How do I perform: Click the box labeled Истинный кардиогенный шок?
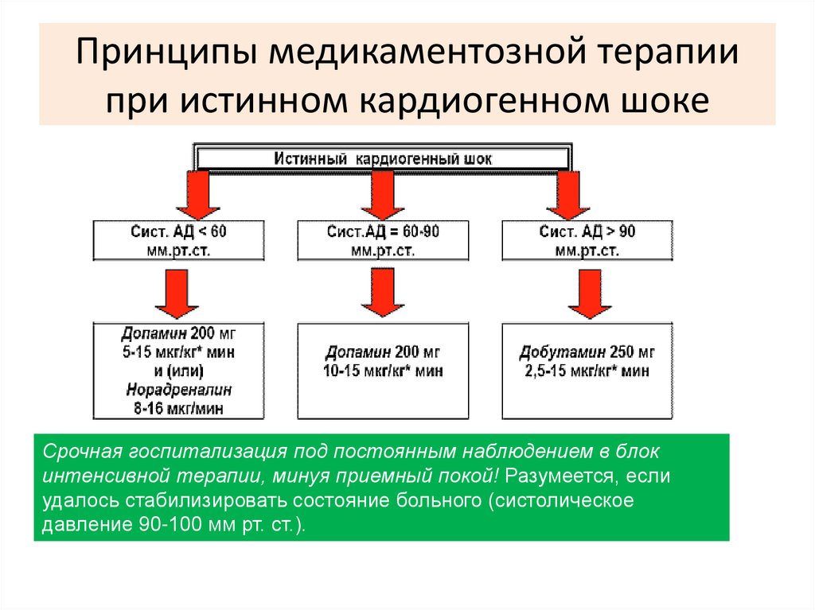[x=383, y=159]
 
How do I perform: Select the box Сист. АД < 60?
[x=178, y=240]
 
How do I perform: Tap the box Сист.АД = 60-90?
[x=383, y=240]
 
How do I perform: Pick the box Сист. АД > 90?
[x=587, y=240]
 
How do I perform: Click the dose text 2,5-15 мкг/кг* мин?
[x=587, y=371]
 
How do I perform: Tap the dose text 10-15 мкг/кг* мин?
[x=383, y=371]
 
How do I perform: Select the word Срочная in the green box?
[x=81, y=452]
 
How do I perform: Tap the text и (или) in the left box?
[x=178, y=371]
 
